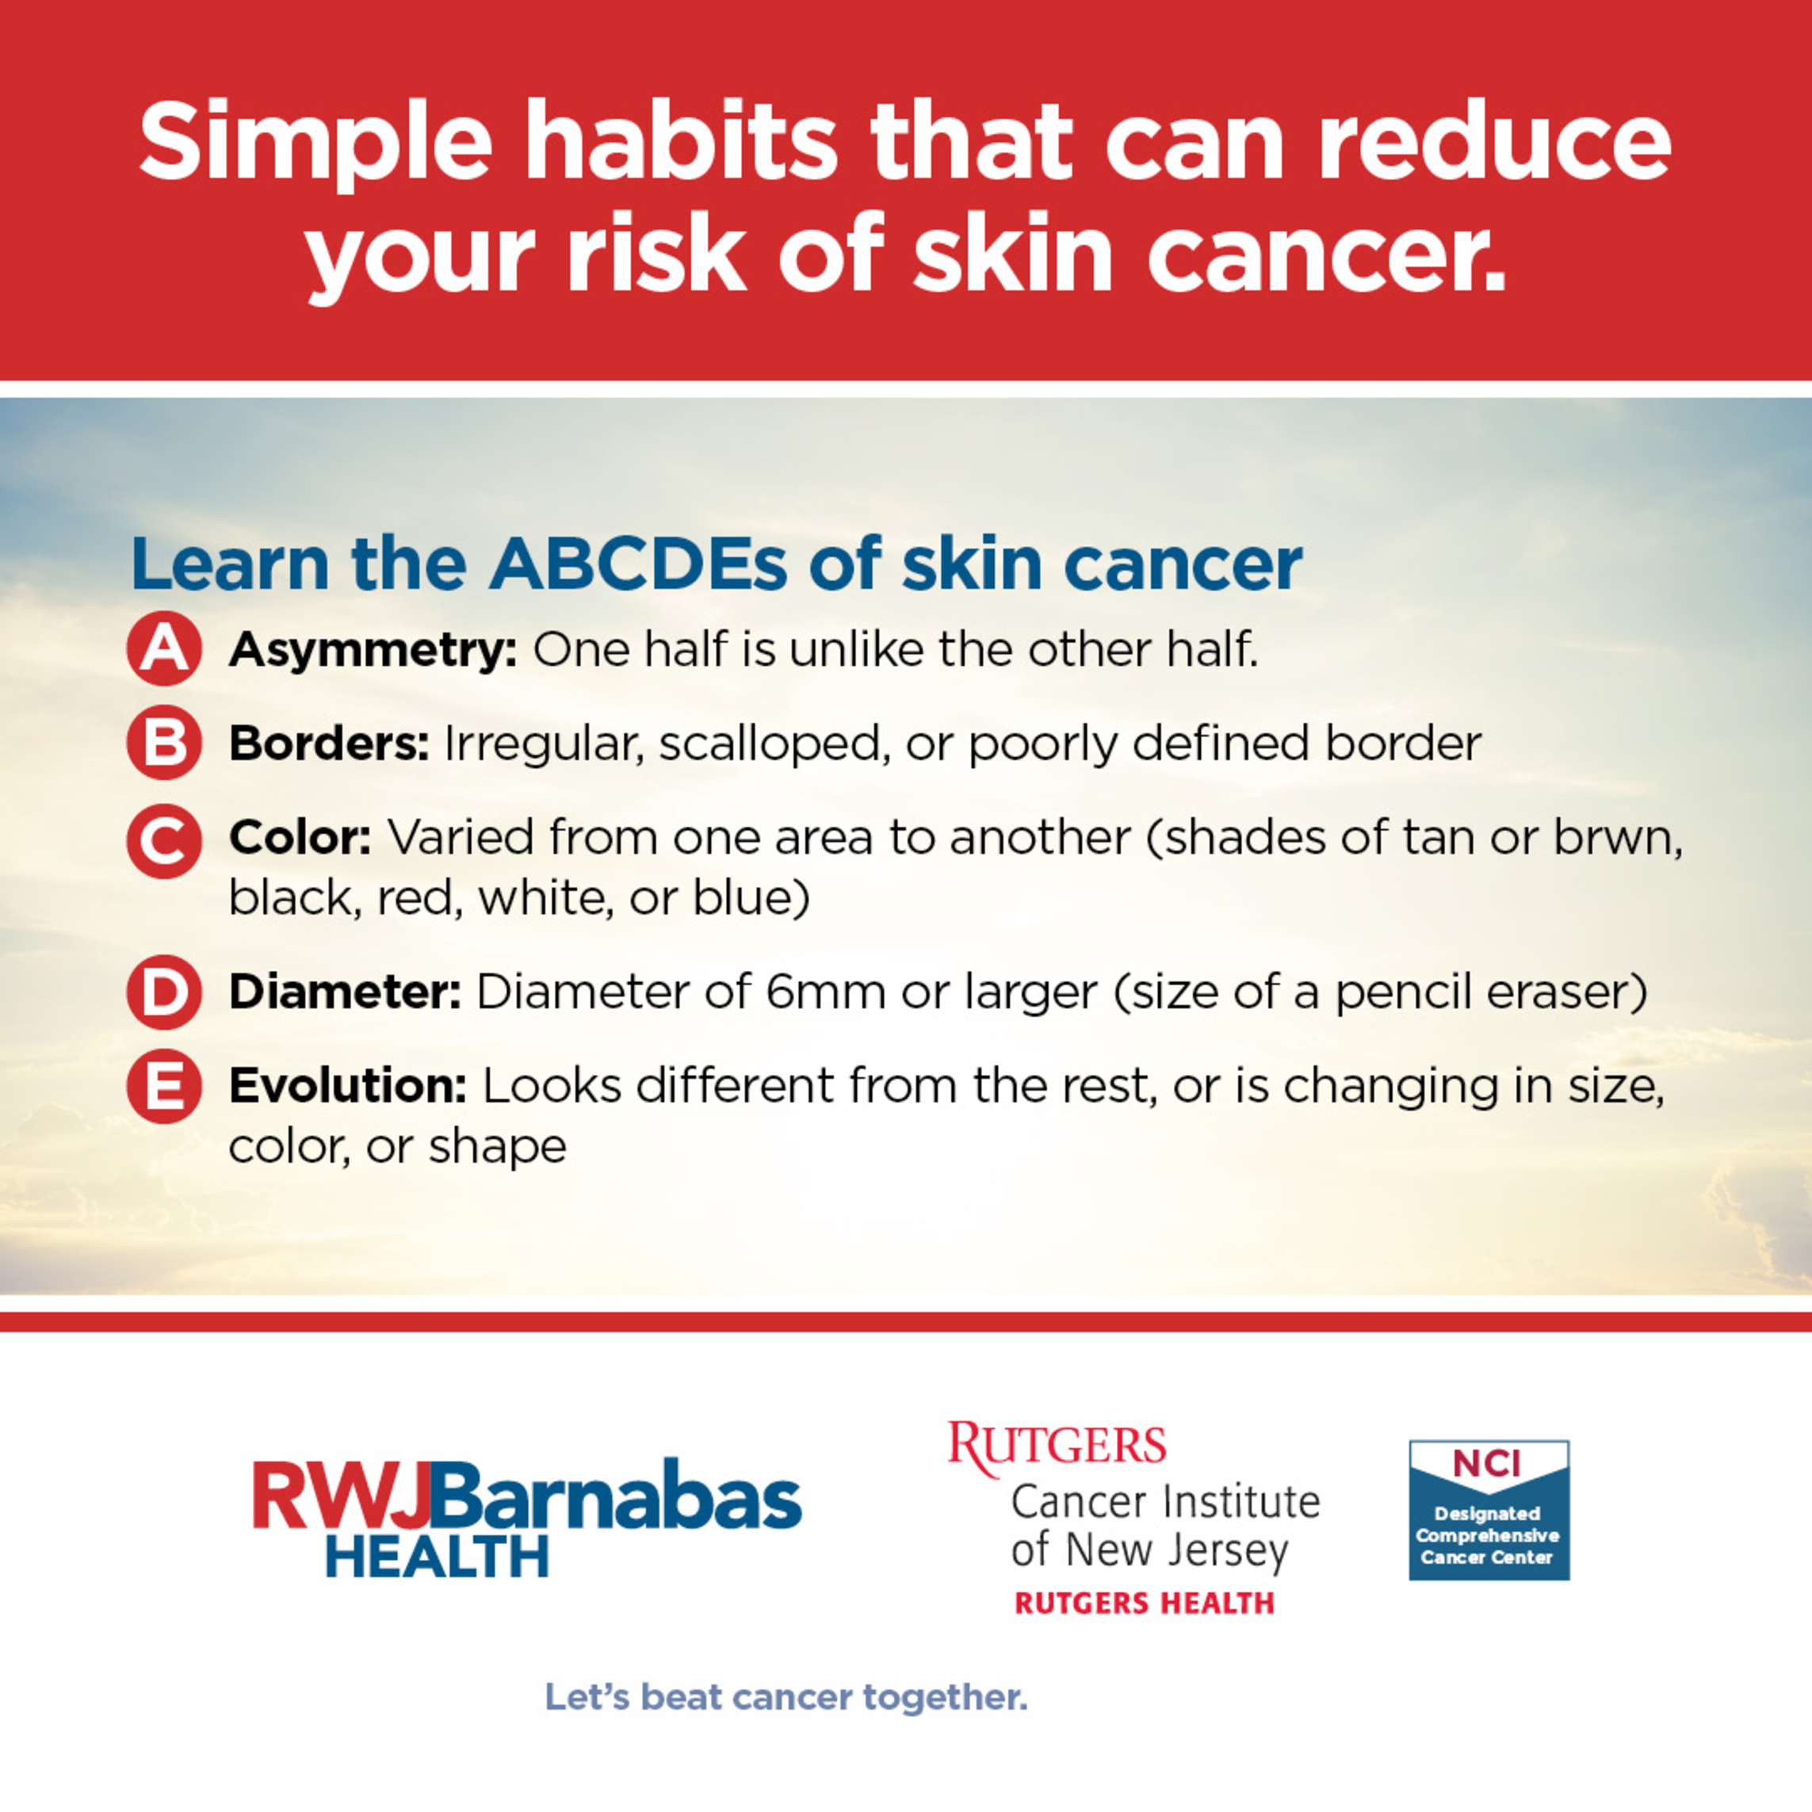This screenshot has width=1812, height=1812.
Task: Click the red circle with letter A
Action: coord(164,648)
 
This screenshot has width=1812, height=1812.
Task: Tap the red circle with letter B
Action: coord(164,743)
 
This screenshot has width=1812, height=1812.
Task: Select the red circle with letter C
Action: coord(164,841)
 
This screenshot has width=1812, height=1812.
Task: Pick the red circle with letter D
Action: coord(164,992)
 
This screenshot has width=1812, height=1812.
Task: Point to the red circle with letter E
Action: coord(164,1086)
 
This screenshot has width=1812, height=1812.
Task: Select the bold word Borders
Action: coord(329,744)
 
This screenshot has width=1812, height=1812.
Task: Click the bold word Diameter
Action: coord(344,992)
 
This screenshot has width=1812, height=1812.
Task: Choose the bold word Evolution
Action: coord(348,1086)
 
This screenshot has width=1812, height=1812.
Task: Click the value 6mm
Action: coord(825,992)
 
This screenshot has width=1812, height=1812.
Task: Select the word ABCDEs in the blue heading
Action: coord(639,564)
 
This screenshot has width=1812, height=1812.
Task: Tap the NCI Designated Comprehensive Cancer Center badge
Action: coord(1489,1510)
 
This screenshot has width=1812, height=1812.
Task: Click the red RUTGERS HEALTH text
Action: coord(1145,1603)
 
